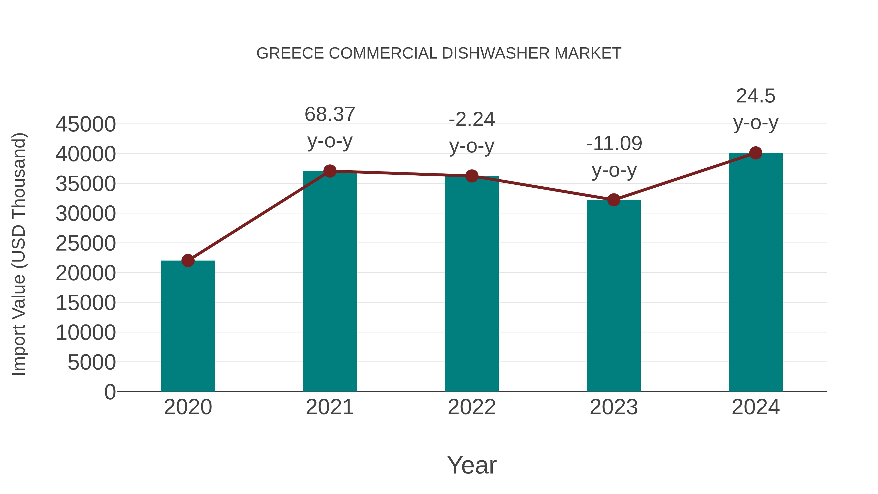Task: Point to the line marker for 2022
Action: (x=472, y=176)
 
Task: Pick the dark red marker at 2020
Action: (x=188, y=261)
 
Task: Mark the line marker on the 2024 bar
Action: (x=756, y=153)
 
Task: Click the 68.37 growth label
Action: (x=329, y=114)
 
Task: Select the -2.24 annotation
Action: (x=472, y=120)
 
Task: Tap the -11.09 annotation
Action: (x=614, y=143)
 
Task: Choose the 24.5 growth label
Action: (x=756, y=96)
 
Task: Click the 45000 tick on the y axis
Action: (x=86, y=124)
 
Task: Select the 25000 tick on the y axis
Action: (x=86, y=243)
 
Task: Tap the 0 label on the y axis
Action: (x=110, y=392)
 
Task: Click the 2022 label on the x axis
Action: (x=472, y=407)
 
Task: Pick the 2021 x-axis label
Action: (x=329, y=407)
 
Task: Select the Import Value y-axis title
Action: (x=19, y=254)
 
